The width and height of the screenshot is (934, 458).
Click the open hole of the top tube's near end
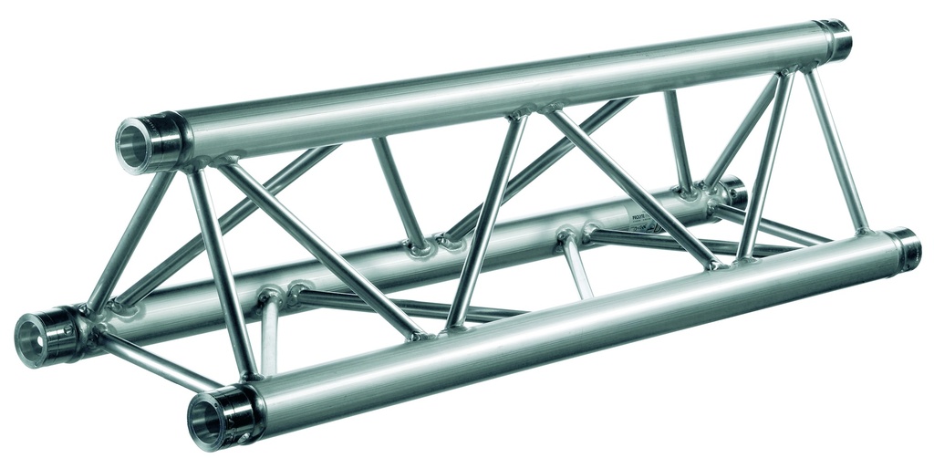(x=134, y=144)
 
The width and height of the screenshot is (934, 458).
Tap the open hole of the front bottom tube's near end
(x=207, y=421)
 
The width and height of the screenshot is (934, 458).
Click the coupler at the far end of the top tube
(x=832, y=39)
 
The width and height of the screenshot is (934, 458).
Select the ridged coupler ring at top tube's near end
(x=164, y=138)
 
